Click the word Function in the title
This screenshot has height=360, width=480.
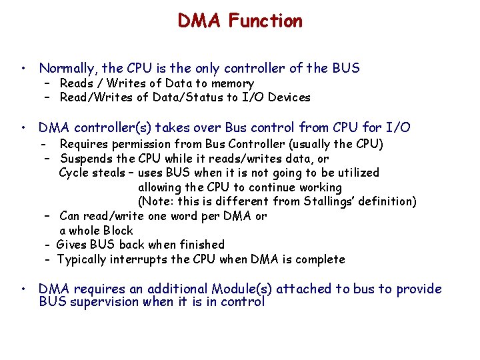265,21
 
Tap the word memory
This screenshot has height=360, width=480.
233,84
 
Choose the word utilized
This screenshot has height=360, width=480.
357,173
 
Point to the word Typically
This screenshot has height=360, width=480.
84,259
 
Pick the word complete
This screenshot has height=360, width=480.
321,259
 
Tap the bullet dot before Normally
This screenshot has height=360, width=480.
23,69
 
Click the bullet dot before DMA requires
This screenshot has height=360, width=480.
23,289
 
